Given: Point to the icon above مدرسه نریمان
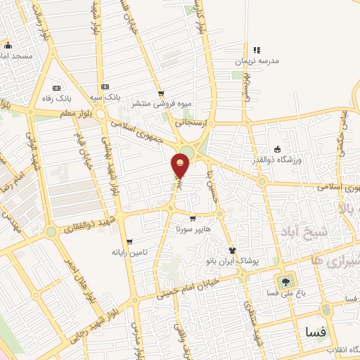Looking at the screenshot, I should click(x=257, y=50).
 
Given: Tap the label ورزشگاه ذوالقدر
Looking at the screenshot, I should click(x=300, y=160).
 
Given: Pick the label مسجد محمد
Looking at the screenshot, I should click(x=18, y=55).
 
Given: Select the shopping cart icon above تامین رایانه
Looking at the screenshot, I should click(x=128, y=241).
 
